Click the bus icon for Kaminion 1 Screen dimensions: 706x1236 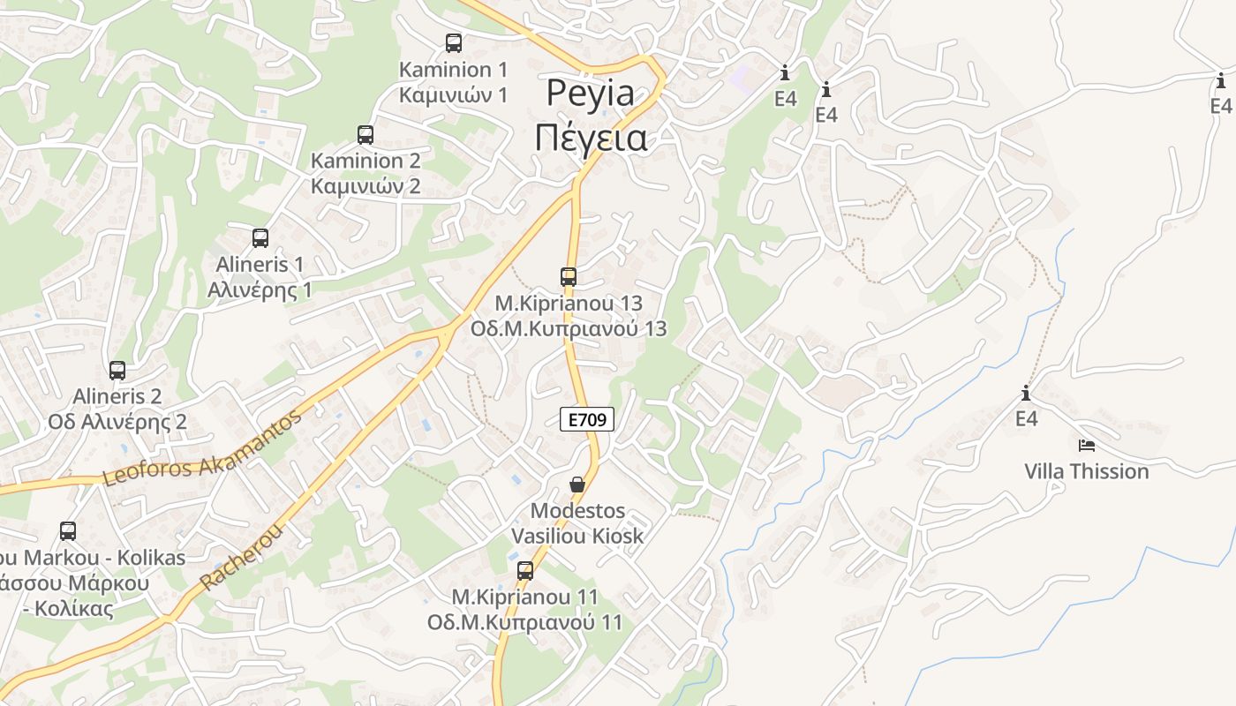pyautogui.click(x=454, y=42)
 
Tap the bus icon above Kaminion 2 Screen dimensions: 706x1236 pyautogui.click(x=366, y=135)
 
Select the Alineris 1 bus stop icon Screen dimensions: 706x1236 pyautogui.click(x=260, y=237)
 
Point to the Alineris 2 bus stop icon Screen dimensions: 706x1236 pyautogui.click(x=117, y=371)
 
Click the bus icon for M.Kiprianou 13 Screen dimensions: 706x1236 pyautogui.click(x=569, y=277)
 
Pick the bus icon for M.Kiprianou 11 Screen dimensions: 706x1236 pyautogui.click(x=525, y=571)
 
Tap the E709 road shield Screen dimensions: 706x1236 pyautogui.click(x=587, y=420)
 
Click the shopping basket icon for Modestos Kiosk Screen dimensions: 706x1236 pyautogui.click(x=577, y=484)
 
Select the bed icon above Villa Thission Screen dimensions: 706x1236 pyautogui.click(x=1087, y=446)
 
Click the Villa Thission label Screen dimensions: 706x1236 pyautogui.click(x=1087, y=471)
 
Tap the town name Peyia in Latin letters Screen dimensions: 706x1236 pyautogui.click(x=591, y=93)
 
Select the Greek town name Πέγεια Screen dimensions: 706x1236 pyautogui.click(x=592, y=139)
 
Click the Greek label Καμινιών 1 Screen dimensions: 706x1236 pyautogui.click(x=454, y=94)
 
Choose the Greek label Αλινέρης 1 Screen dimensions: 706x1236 pyautogui.click(x=260, y=289)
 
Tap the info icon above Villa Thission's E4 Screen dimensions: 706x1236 pyautogui.click(x=1026, y=394)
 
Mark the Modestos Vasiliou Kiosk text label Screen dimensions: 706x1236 pyautogui.click(x=577, y=523)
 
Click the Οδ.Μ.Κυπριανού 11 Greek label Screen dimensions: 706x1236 pyautogui.click(x=524, y=622)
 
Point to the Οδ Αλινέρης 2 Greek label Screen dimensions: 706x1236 pyautogui.click(x=117, y=422)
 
